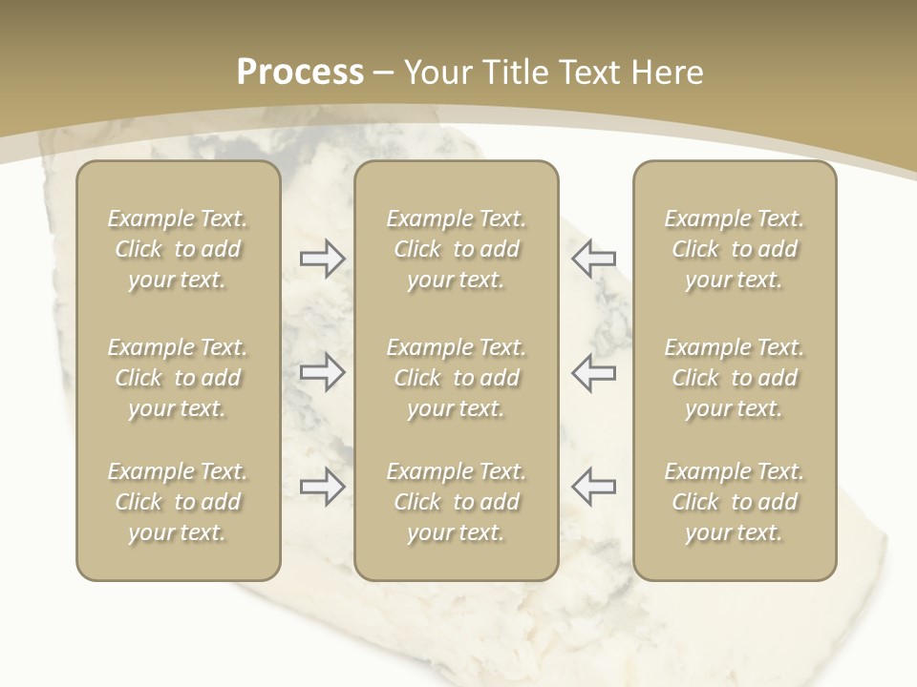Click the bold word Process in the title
click(x=300, y=73)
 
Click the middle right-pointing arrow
click(x=322, y=372)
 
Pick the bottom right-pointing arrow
click(x=322, y=487)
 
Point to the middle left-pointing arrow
click(x=593, y=372)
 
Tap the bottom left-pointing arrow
click(x=593, y=487)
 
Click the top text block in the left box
click(x=178, y=249)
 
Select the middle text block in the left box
click(x=178, y=378)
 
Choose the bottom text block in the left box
click(x=178, y=502)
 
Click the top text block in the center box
click(x=456, y=249)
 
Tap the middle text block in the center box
click(x=456, y=378)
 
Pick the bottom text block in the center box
click(x=456, y=502)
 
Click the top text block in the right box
click(x=734, y=249)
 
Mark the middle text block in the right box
click(x=734, y=378)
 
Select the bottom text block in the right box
click(x=734, y=502)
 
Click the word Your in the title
click(x=438, y=73)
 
